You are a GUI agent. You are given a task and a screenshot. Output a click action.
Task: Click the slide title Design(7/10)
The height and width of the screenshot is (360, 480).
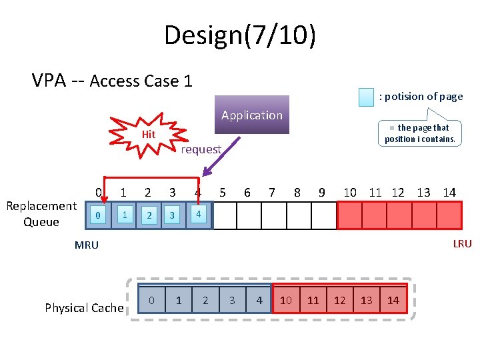coord(240,35)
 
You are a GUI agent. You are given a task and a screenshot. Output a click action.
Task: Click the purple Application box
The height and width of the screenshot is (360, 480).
coord(252,115)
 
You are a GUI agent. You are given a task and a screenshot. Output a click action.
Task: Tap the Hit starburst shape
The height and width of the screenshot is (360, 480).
coord(148,135)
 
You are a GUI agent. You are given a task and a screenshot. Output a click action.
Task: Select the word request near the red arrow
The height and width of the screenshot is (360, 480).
coord(201,149)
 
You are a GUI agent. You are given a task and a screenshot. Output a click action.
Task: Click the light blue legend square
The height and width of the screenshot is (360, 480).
coord(366,97)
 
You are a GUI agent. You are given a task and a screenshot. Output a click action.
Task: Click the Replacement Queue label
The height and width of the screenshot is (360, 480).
coord(41,214)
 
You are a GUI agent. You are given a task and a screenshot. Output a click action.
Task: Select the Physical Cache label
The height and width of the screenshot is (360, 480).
coord(84,307)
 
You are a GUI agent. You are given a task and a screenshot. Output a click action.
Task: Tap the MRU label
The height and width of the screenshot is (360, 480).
coord(87,245)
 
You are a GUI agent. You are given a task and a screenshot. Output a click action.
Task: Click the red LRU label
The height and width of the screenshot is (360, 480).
coord(462,244)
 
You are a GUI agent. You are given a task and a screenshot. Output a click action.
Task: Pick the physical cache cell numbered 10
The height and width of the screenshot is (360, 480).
coord(286,301)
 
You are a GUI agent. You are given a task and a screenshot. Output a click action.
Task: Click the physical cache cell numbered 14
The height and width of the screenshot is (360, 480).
coord(393,301)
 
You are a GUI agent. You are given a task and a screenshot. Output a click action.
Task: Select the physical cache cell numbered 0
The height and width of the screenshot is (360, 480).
coord(151,301)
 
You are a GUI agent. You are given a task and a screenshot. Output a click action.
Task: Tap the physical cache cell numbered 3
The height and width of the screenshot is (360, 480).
coord(232,301)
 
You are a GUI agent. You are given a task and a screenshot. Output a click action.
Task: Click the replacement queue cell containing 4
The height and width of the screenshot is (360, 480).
coord(199,215)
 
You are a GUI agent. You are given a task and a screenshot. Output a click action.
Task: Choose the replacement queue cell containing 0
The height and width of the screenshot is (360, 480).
coord(98,215)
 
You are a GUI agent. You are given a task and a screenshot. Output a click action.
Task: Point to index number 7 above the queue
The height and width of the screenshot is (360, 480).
coord(272,193)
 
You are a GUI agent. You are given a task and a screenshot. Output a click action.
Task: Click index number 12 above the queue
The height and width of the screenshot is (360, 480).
coord(398,193)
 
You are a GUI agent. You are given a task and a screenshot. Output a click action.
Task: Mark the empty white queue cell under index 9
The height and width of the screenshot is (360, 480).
coord(324,215)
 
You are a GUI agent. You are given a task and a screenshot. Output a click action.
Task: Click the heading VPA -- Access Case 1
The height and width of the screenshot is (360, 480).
coord(112,81)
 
